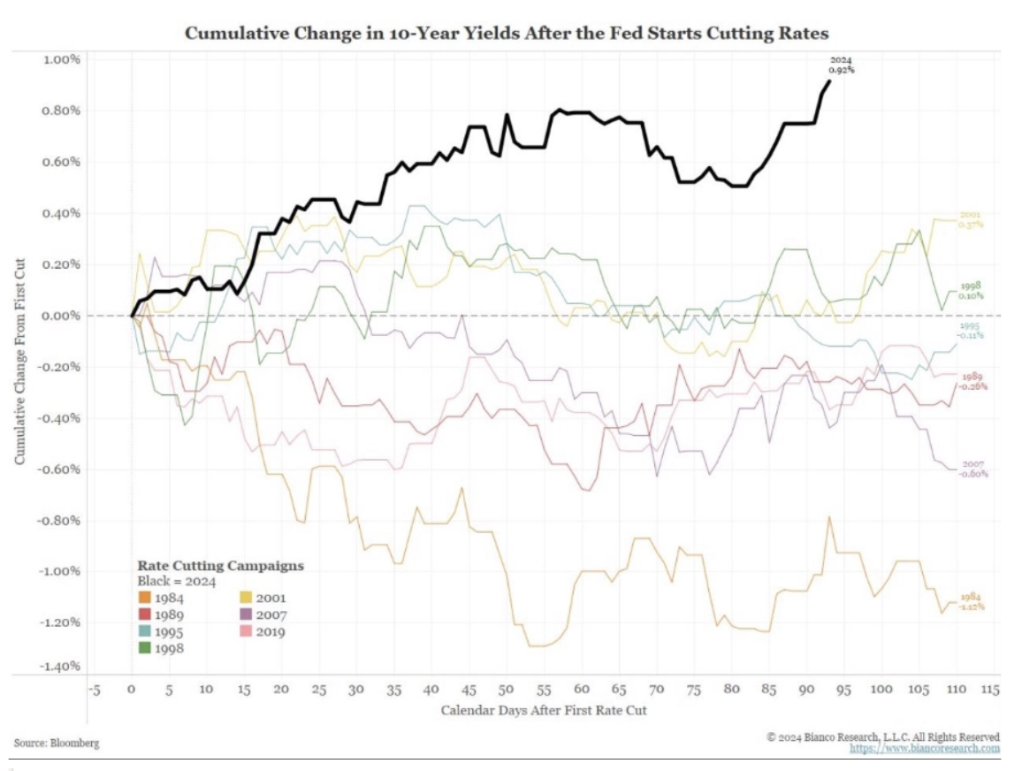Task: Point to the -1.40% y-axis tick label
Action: pyautogui.click(x=60, y=665)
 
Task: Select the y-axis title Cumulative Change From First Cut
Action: pyautogui.click(x=19, y=363)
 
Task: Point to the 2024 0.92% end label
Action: pyautogui.click(x=841, y=65)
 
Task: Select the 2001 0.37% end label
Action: pyautogui.click(x=971, y=220)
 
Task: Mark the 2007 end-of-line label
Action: pyautogui.click(x=975, y=469)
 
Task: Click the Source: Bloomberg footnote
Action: pyautogui.click(x=57, y=743)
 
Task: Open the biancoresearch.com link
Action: pyautogui.click(x=925, y=748)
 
